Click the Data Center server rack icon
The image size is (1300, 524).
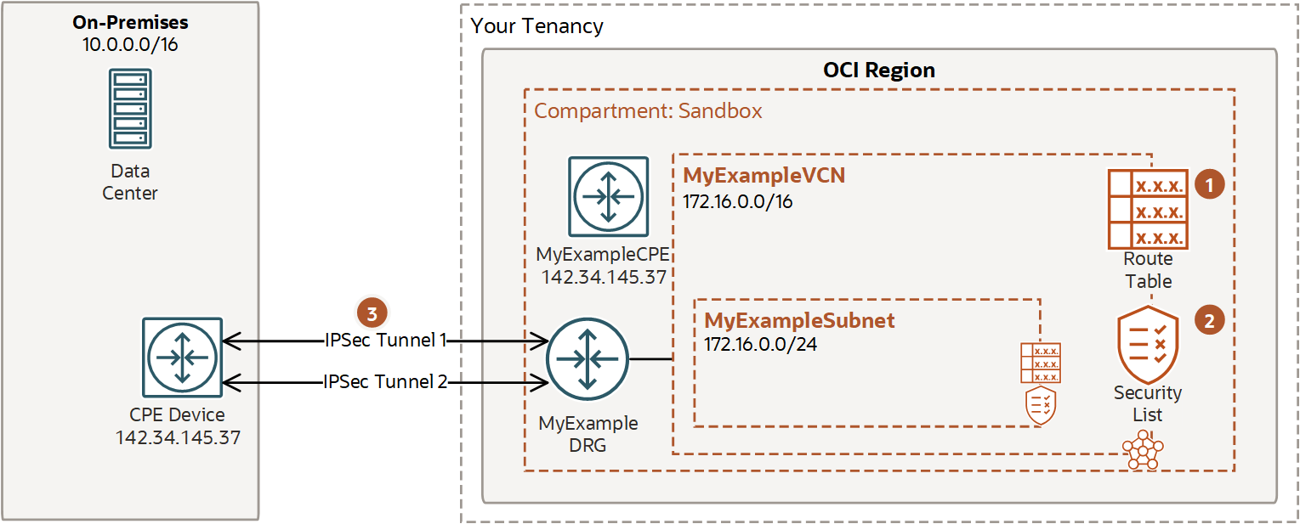[x=130, y=110]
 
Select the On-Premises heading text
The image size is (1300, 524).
[x=130, y=22]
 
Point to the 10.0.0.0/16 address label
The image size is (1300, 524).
[x=130, y=44]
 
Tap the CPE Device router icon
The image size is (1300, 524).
[x=182, y=358]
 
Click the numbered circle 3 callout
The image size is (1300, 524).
[x=371, y=313]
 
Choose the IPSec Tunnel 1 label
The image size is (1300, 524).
[x=385, y=341]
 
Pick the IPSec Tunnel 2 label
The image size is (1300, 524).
[x=385, y=382]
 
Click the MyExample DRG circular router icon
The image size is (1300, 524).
[x=587, y=359]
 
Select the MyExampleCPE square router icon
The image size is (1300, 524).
[x=608, y=197]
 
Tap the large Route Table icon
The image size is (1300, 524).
[x=1148, y=209]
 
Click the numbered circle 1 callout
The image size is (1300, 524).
[x=1209, y=184]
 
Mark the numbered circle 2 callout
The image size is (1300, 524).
[x=1209, y=320]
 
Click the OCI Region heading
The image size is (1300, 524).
[x=879, y=70]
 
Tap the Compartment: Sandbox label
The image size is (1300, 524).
[x=648, y=111]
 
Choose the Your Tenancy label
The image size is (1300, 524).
[x=536, y=26]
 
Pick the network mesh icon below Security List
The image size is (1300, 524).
[x=1142, y=450]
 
